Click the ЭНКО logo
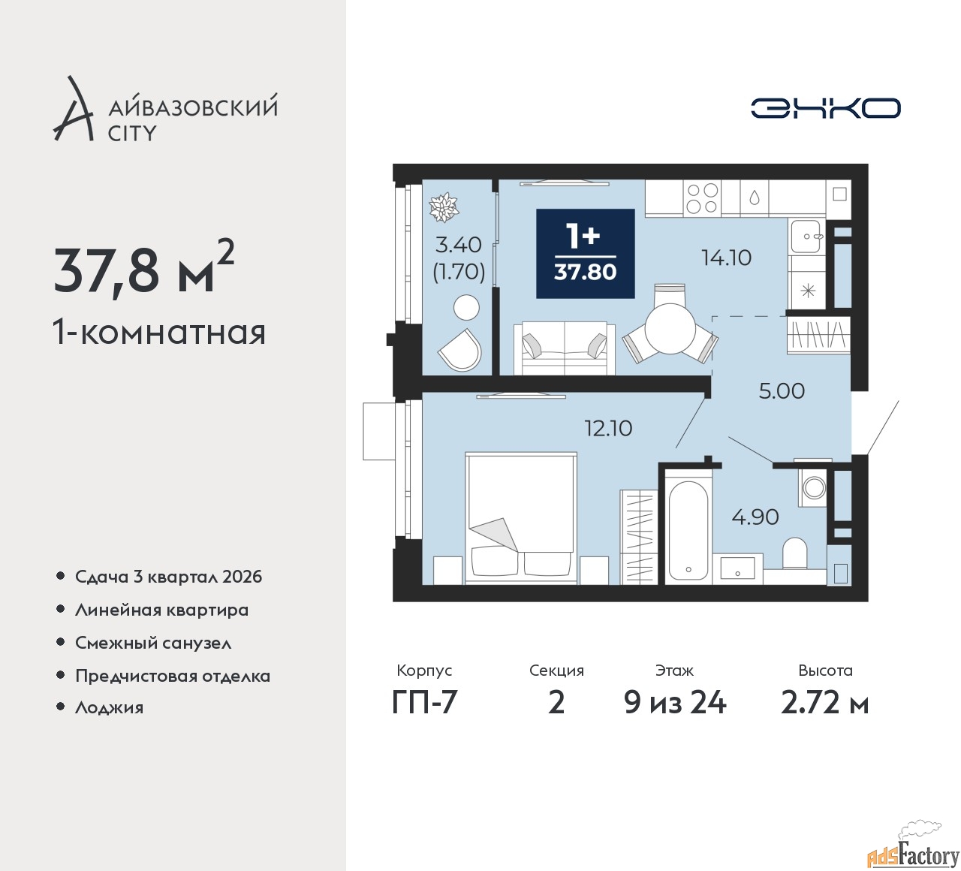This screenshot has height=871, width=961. (x=825, y=108)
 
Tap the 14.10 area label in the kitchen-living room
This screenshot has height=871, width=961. (x=726, y=258)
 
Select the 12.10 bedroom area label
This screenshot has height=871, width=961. (x=608, y=428)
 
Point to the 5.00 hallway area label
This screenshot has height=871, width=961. (x=782, y=391)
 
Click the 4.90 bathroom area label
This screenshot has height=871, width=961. (x=755, y=517)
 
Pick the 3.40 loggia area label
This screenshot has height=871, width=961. (x=458, y=245)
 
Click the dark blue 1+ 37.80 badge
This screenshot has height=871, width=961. (x=586, y=254)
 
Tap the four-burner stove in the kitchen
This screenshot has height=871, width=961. (x=702, y=198)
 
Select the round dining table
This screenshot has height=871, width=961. (x=670, y=327)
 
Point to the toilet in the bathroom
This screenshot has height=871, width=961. (x=795, y=553)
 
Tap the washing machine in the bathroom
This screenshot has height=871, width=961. (x=812, y=487)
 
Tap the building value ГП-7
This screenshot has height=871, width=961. (x=424, y=703)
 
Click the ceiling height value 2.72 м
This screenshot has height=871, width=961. (x=824, y=703)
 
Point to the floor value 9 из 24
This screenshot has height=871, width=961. (x=674, y=703)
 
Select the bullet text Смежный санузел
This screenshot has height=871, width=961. (x=153, y=643)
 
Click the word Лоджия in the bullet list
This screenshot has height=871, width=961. (x=109, y=707)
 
